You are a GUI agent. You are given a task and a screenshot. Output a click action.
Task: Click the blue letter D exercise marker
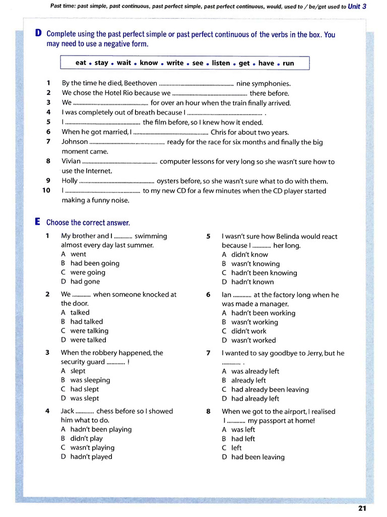(x=38, y=34)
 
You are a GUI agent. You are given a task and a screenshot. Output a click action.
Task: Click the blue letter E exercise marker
(x=38, y=222)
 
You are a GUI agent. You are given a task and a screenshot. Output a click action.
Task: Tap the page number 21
(x=362, y=508)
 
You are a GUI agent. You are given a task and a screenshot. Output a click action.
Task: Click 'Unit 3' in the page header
(x=357, y=7)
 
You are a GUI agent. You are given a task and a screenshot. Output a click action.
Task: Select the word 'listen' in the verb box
(x=221, y=63)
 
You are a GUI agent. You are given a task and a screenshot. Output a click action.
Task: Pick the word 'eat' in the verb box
(x=81, y=63)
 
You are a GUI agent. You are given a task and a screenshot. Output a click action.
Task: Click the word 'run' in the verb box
(x=288, y=63)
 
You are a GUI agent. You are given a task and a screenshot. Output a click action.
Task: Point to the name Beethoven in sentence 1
(x=140, y=83)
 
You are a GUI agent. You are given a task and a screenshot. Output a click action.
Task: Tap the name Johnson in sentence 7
(x=75, y=142)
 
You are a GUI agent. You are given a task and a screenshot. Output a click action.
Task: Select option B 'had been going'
(x=95, y=263)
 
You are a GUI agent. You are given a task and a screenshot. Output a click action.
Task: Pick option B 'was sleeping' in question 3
(x=90, y=380)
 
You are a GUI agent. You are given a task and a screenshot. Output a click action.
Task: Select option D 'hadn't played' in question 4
(x=91, y=456)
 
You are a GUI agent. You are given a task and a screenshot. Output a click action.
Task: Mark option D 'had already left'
(x=255, y=398)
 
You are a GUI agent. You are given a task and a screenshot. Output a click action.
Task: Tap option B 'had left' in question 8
(x=243, y=439)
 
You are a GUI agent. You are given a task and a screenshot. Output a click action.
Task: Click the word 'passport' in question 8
(x=262, y=421)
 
